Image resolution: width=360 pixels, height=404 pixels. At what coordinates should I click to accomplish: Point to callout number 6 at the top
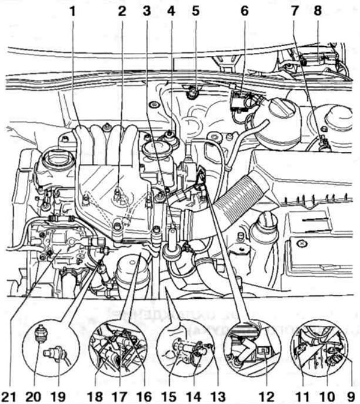click(x=244, y=10)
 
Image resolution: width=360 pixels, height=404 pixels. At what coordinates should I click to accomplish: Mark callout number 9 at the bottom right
click(x=349, y=395)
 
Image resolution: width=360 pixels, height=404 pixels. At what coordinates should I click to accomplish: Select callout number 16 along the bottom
click(x=143, y=395)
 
